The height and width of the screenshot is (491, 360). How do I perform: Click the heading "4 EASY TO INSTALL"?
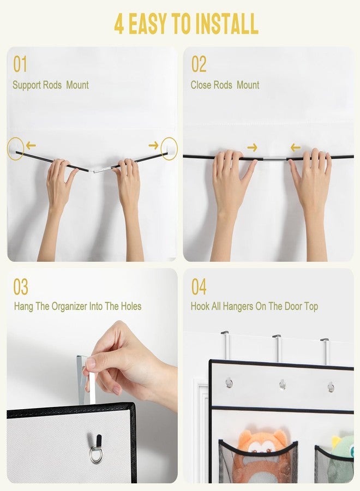pos(186,23)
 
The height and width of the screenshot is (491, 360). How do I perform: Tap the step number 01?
pos(20,64)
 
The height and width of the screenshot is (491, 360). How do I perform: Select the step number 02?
pos(199,64)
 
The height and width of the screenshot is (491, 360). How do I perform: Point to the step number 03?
pos(21,287)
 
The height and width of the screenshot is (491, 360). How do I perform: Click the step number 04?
pos(199,287)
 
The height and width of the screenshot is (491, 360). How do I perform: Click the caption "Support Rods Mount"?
pos(50,85)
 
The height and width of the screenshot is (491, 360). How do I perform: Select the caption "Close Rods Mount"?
pos(225,85)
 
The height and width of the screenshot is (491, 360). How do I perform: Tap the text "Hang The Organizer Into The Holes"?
pos(77,306)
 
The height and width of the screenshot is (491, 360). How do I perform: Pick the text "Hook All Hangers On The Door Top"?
pos(254,306)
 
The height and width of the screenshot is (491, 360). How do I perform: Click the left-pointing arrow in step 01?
pos(31,145)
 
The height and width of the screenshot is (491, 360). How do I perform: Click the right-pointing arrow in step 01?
pos(153,145)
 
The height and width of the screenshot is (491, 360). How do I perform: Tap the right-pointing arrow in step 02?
pos(252,147)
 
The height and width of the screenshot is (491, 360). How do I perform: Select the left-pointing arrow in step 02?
pos(295,147)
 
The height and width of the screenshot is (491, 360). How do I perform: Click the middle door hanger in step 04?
pos(278,348)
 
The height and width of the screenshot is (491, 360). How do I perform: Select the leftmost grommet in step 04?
pos(229,383)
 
